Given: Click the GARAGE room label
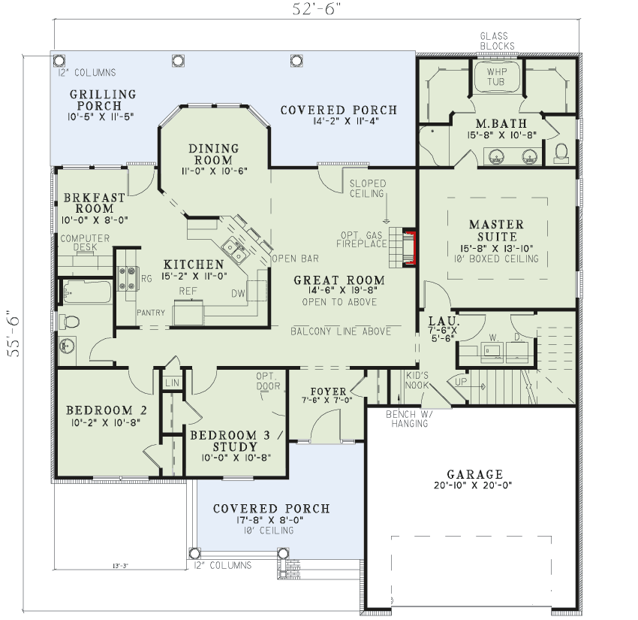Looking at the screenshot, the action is click(474, 474).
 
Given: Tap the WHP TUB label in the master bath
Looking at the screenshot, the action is click(496, 77).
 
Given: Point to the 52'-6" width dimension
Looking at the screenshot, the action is click(316, 8).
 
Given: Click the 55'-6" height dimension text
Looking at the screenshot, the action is click(14, 334).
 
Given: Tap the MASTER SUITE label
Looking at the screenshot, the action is click(496, 230).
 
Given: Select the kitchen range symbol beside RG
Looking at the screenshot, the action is click(127, 278).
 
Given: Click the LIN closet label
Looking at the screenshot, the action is click(172, 383).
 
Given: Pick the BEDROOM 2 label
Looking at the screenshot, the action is click(107, 410).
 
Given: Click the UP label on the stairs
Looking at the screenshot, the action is click(461, 382).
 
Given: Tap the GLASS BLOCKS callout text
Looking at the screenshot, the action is click(497, 41).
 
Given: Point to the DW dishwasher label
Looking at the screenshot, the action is click(238, 293).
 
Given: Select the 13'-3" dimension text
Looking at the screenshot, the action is click(120, 566).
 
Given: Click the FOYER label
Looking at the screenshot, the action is click(328, 392).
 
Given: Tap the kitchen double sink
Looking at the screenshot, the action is click(234, 250).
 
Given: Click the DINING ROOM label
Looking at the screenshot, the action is click(213, 154).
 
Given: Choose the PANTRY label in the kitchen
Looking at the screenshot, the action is click(151, 313).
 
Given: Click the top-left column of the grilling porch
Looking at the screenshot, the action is click(59, 61).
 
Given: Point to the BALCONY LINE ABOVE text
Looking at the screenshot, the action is click(341, 331).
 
